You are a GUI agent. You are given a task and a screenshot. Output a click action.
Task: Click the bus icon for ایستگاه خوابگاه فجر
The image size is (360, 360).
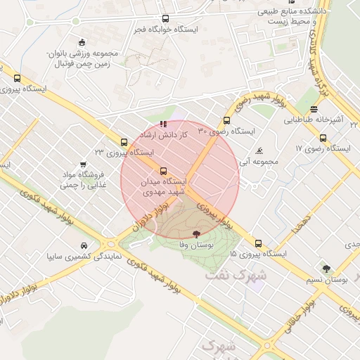(165, 19)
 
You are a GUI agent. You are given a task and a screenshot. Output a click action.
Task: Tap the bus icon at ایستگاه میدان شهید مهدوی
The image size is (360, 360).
(163, 171)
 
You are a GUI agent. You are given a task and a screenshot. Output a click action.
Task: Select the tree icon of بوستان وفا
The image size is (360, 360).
(195, 234)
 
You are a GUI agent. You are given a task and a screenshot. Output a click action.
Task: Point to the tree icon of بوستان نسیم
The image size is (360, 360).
(326, 268)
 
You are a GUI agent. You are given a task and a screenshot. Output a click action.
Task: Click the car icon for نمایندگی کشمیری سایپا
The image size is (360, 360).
(84, 245)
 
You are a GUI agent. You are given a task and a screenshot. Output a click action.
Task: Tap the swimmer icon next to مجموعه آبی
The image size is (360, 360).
(259, 150)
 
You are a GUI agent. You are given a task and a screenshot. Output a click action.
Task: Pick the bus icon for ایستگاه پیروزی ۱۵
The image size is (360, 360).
(258, 243)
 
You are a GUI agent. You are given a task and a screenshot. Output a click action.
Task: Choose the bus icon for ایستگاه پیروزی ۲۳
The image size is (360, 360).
(124, 141)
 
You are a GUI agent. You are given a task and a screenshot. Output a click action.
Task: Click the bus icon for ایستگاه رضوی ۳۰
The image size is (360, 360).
(226, 120)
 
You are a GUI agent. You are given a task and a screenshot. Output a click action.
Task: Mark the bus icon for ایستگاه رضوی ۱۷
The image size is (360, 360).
(313, 138)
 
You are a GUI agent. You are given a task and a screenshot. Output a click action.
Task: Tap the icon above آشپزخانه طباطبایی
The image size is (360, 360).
(314, 109)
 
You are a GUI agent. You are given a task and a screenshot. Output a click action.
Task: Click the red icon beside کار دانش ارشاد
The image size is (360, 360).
(164, 124)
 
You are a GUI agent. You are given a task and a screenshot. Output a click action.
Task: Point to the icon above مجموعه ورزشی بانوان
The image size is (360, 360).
(82, 41)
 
